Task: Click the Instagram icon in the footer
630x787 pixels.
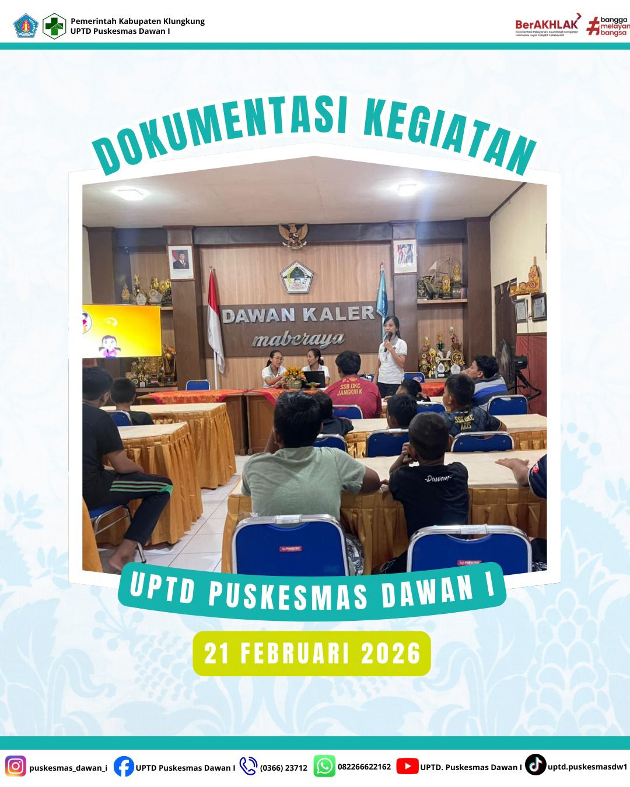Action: pyautogui.click(x=16, y=766)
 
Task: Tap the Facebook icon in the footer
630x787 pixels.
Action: pyautogui.click(x=124, y=766)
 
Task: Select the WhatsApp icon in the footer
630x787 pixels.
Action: pyautogui.click(x=324, y=766)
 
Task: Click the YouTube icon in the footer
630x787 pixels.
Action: pyautogui.click(x=407, y=766)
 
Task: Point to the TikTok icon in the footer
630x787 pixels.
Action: pyautogui.click(x=535, y=765)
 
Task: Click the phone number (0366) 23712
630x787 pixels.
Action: pyautogui.click(x=283, y=767)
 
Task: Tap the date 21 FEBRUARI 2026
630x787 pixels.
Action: pyautogui.click(x=312, y=654)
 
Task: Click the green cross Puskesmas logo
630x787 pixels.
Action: pyautogui.click(x=55, y=26)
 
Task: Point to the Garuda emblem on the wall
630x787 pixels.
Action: pyautogui.click(x=293, y=235)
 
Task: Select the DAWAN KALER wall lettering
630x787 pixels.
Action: pyautogui.click(x=299, y=315)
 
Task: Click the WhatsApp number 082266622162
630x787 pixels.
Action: pyautogui.click(x=364, y=767)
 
